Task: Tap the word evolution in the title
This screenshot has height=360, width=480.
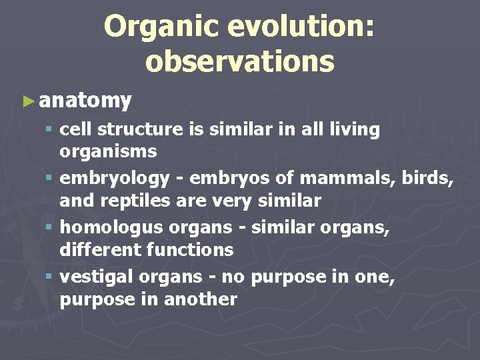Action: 300,27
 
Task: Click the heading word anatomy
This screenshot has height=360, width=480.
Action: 85,101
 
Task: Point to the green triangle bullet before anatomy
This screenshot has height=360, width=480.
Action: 28,101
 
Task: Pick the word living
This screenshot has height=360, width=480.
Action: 354,129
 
